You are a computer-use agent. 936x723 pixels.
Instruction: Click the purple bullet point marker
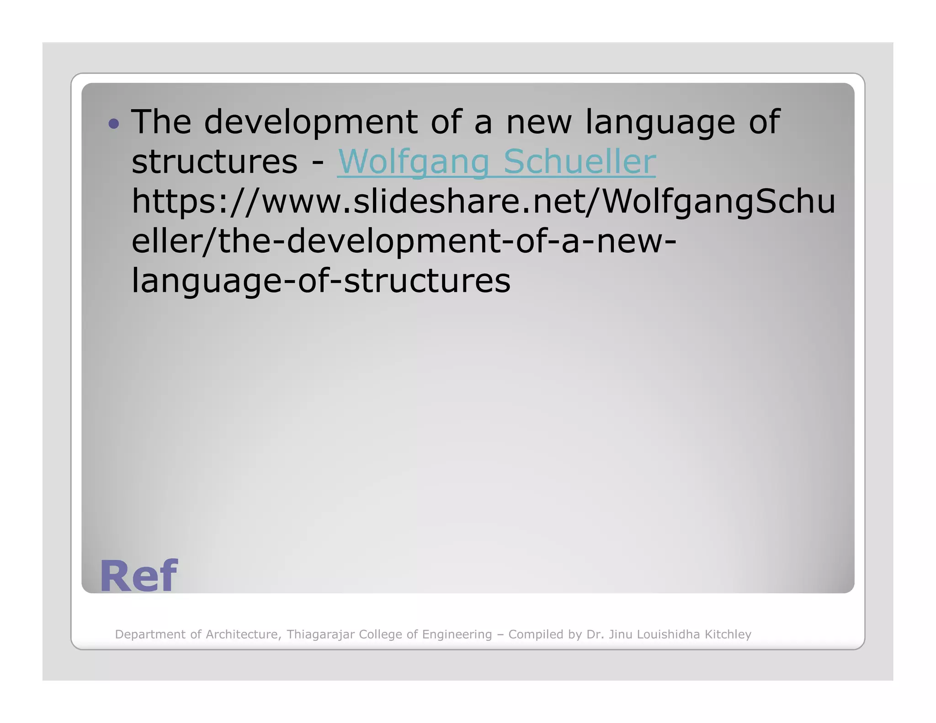pos(114,123)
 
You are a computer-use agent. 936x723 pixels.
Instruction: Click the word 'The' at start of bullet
pos(161,122)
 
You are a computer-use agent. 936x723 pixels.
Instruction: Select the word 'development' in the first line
pos(310,122)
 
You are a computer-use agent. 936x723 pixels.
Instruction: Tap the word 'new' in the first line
pos(539,122)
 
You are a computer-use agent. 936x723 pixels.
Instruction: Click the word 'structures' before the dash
pos(214,162)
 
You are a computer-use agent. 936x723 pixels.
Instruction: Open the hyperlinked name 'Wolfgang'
pos(414,162)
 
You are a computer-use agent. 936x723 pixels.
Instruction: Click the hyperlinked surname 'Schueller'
pos(580,162)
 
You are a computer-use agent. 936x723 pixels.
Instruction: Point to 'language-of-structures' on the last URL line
pos(321,281)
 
